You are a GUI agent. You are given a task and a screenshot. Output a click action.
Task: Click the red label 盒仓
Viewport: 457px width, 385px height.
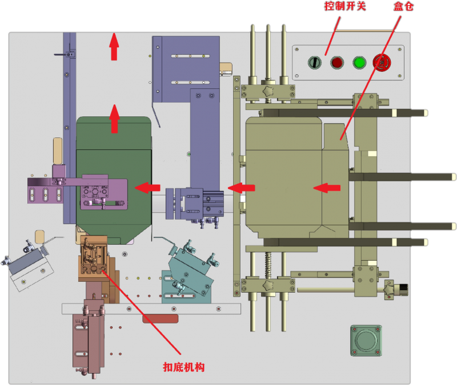(403, 7)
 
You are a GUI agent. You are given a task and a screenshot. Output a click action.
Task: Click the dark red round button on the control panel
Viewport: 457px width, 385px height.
(336, 63)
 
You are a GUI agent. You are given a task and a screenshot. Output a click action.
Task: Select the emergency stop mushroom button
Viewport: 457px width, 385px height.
(381, 62)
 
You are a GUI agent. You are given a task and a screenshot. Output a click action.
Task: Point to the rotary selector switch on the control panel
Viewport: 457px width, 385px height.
(314, 63)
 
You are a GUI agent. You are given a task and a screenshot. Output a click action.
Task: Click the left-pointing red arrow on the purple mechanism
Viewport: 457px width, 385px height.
(147, 187)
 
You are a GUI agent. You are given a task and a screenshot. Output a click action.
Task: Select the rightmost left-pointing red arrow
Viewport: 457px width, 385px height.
(327, 187)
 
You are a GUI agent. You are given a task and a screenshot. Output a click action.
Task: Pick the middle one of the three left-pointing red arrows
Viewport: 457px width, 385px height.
(242, 187)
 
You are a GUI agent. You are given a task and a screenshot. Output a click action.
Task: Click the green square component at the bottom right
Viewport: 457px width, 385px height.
(366, 341)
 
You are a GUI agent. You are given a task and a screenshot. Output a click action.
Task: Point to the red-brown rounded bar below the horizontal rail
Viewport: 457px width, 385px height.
(160, 319)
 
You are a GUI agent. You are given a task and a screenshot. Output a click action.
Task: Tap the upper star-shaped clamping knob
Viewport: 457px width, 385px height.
(268, 91)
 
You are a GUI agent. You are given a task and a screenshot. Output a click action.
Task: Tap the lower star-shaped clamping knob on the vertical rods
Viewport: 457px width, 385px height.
(268, 283)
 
